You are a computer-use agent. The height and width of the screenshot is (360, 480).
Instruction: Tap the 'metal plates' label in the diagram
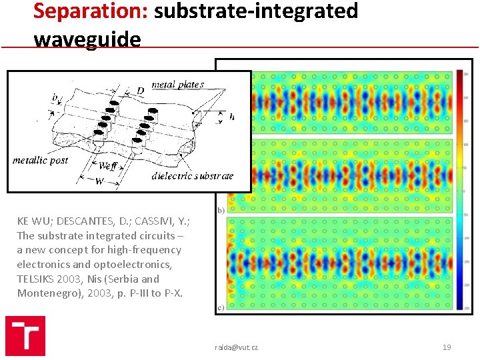178,85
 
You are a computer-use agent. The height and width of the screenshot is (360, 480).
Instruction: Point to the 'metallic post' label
40,161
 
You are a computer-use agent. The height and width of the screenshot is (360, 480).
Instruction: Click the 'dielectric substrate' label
193,176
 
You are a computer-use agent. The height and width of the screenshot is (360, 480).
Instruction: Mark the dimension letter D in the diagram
140,89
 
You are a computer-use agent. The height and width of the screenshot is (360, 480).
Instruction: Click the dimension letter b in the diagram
55,97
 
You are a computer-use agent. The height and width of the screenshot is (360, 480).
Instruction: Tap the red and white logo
25,335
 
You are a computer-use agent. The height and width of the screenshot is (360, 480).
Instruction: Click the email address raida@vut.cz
236,347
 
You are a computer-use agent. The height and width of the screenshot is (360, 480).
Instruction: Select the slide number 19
447,347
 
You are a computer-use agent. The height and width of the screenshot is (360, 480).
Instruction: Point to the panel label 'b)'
221,210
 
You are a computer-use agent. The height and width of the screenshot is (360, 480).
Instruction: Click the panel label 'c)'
221,307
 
